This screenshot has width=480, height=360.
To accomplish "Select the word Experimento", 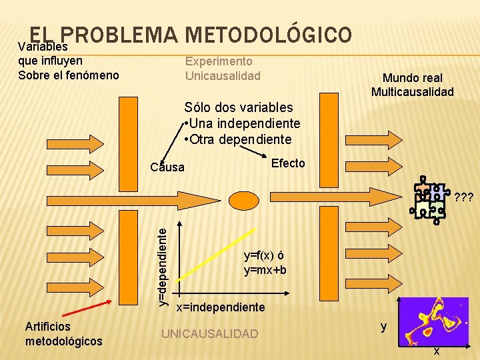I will (x=219, y=61).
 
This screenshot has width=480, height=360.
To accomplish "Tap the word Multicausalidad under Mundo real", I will (x=412, y=92).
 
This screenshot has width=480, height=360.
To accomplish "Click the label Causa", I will (x=167, y=167).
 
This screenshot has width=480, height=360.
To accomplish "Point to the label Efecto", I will (x=289, y=163).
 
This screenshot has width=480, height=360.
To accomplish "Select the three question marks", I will (x=463, y=197).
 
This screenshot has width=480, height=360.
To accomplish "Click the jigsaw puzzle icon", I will (x=429, y=200).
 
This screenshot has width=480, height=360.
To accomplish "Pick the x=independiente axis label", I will (x=220, y=307).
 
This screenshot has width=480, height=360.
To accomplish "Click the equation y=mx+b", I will (x=265, y=270).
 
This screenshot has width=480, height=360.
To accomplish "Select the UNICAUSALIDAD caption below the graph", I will (x=210, y=333).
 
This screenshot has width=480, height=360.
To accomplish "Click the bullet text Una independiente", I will (x=244, y=123).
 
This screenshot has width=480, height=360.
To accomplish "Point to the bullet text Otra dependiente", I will (x=240, y=139).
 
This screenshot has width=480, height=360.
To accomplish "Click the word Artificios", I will (x=47, y=327).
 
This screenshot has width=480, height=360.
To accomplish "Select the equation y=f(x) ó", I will (x=264, y=255).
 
